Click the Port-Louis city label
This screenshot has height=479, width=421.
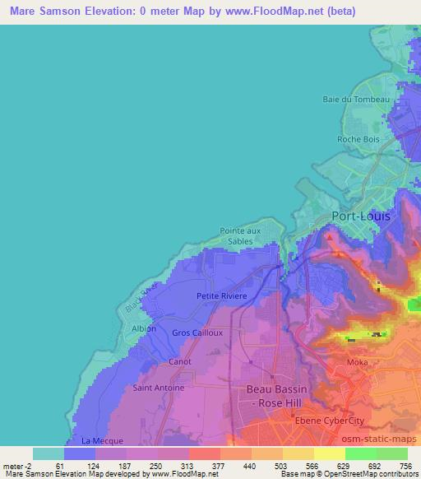tap(362, 216)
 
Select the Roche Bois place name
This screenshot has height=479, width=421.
tap(358, 138)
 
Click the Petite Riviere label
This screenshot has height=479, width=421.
tap(218, 295)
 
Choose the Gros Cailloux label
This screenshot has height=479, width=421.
tap(197, 333)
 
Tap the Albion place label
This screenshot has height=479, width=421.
tap(143, 328)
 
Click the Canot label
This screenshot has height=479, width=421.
tap(179, 361)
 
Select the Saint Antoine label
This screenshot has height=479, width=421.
tap(159, 386)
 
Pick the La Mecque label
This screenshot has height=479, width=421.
tap(99, 440)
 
